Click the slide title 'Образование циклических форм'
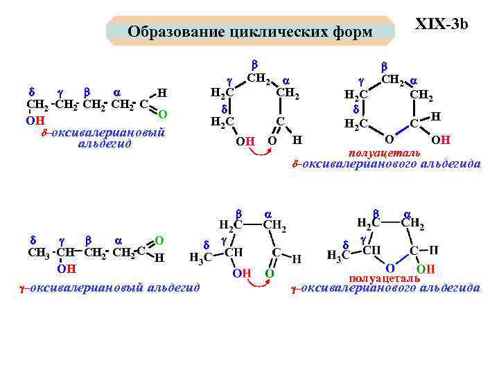[250, 32]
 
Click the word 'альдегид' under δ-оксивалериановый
[105, 144]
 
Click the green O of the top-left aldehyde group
[162, 114]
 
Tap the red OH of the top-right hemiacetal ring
[441, 141]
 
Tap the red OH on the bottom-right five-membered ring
[425, 268]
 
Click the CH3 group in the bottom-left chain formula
[37, 251]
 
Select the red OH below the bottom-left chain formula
[66, 268]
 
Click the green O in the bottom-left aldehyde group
[159, 240]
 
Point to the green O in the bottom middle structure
[270, 274]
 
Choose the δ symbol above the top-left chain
[30, 91]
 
